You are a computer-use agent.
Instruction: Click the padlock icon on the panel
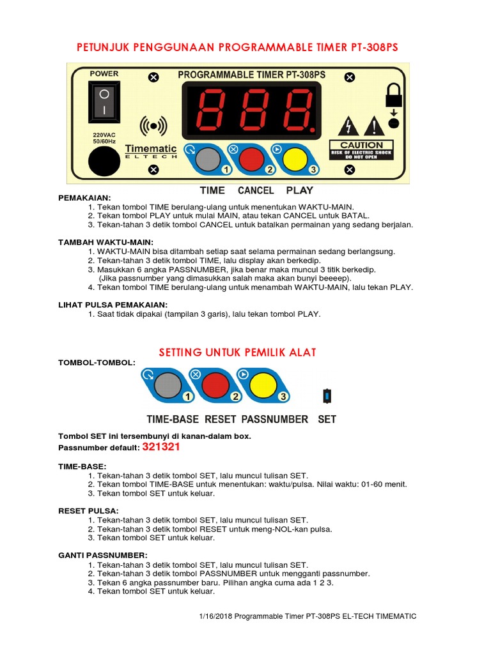point(393,96)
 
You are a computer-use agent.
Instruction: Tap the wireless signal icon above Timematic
point(153,126)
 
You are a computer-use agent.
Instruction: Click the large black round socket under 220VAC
point(104,160)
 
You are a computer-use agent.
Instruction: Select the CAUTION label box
point(361,150)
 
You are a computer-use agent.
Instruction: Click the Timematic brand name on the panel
point(151,148)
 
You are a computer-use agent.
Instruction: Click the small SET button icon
point(327,396)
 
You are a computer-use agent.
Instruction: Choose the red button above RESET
point(213,386)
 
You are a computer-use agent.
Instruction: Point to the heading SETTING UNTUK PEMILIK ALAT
point(237,353)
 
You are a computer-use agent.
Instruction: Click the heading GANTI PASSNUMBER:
point(103,555)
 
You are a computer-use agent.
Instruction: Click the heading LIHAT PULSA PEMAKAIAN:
point(113,305)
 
